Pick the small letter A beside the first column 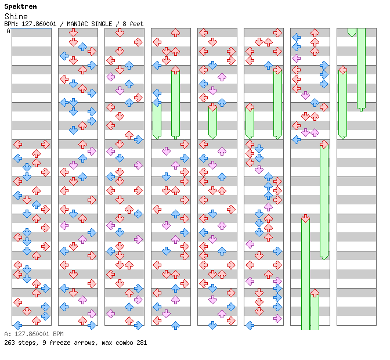click(x=8, y=31)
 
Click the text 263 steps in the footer click(x=17, y=343)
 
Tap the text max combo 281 click(x=124, y=343)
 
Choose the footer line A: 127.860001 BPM click(x=34, y=334)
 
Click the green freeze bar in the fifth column click(x=212, y=122)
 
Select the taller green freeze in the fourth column click(x=175, y=103)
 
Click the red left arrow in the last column click(x=342, y=70)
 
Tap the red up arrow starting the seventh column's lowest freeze click(x=315, y=293)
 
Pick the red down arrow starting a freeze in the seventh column click(x=305, y=218)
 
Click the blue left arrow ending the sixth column click(x=250, y=325)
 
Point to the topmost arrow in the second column click(x=73, y=33)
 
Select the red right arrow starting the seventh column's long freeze click(x=324, y=144)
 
